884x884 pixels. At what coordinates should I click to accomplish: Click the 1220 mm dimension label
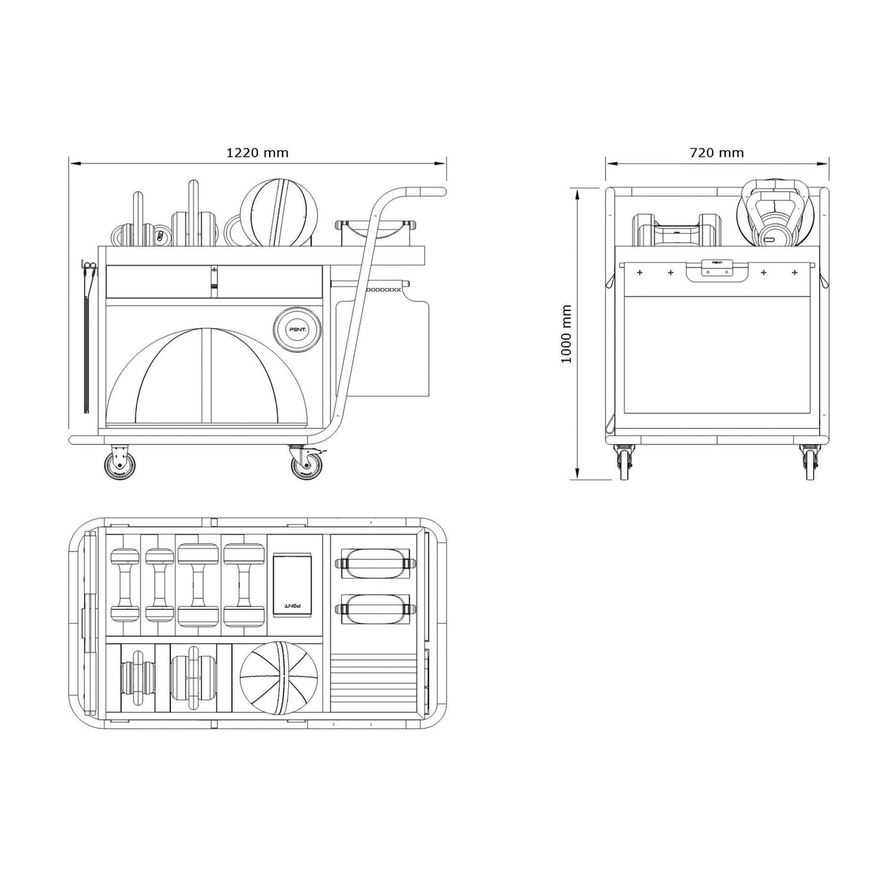tap(257, 152)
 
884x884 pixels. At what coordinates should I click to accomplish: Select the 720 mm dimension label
tap(716, 152)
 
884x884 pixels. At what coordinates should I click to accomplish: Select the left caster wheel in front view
tap(625, 463)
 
